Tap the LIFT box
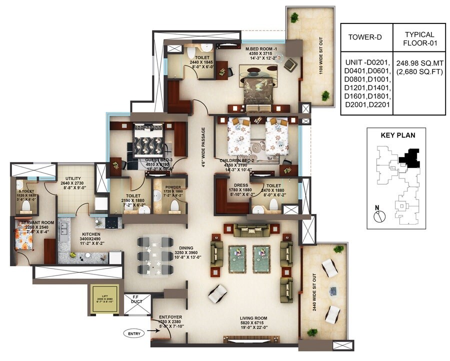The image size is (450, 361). tap(104, 300)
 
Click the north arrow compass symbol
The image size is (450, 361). tap(379, 215)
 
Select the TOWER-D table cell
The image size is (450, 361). tap(366, 37)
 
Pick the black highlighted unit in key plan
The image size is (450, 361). tap(410, 157)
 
